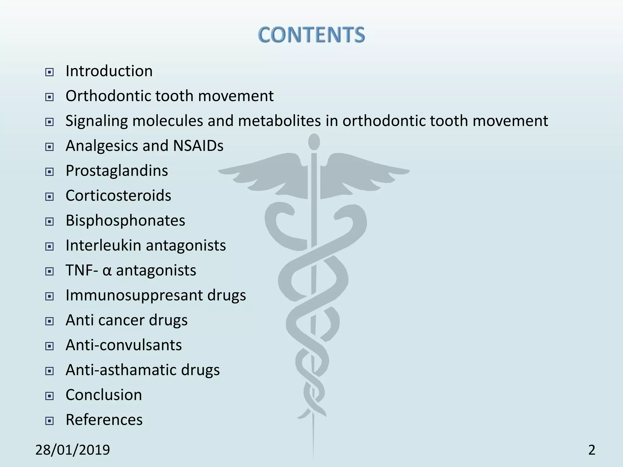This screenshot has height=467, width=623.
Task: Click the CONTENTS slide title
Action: [311, 35]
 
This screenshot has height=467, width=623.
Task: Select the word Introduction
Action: [109, 71]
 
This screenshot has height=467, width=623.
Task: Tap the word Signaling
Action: [96, 121]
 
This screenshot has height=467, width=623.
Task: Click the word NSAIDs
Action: [198, 146]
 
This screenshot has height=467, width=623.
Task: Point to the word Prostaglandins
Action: [117, 171]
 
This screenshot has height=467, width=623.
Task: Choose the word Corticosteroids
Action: [118, 195]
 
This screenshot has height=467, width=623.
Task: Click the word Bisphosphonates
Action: [125, 220]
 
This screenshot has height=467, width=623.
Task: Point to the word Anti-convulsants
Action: [124, 345]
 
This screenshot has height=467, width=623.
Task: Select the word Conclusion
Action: [104, 395]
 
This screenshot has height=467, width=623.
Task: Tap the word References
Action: [104, 420]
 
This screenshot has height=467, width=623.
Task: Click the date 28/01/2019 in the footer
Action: [72, 450]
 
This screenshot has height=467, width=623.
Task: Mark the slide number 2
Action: [591, 450]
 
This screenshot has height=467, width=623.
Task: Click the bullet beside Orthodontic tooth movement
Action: [49, 97]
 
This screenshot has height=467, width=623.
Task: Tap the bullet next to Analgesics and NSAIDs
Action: [49, 147]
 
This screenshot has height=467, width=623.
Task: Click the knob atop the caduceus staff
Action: [314, 142]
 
